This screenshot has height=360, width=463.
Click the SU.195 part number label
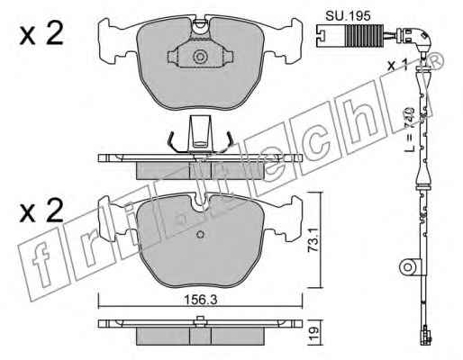pyautogui.click(x=348, y=15)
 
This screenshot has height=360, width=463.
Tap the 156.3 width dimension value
pyautogui.click(x=200, y=300)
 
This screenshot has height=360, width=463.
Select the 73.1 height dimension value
pyautogui.click(x=313, y=240)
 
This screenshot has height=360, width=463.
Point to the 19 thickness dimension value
pyautogui.click(x=313, y=332)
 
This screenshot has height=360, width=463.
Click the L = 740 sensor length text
pyautogui.click(x=410, y=129)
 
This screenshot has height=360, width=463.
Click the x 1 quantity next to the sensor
pyautogui.click(x=397, y=65)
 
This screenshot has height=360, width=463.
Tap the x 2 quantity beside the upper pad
pyautogui.click(x=41, y=34)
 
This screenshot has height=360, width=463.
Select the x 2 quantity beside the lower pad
pyautogui.click(x=41, y=211)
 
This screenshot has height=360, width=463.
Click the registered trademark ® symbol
pyautogui.click(x=436, y=61)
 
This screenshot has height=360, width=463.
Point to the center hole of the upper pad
pyautogui.click(x=200, y=57)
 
